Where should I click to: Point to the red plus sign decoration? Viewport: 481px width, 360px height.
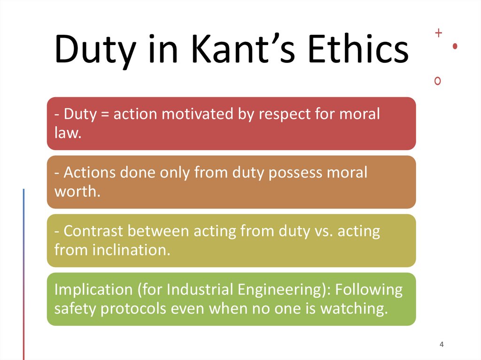[x=439, y=33]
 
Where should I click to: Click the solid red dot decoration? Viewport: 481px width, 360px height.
[x=455, y=46]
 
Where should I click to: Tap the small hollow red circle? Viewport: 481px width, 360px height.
[x=438, y=81]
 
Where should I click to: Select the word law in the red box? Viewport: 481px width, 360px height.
[x=66, y=133]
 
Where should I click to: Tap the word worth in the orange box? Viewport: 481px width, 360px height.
[x=77, y=191]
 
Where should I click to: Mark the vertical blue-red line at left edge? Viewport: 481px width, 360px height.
[x=23, y=272]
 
